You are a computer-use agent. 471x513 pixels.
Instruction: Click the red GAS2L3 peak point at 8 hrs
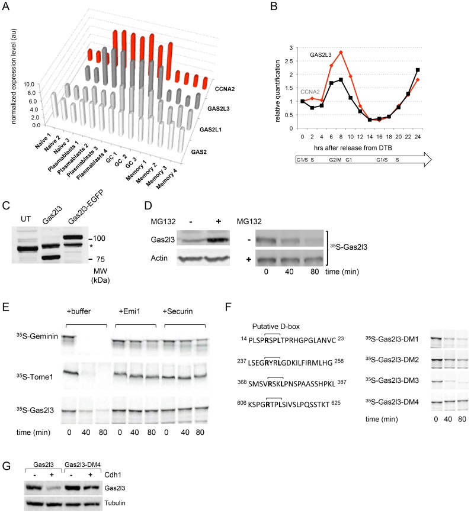click(x=341, y=52)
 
